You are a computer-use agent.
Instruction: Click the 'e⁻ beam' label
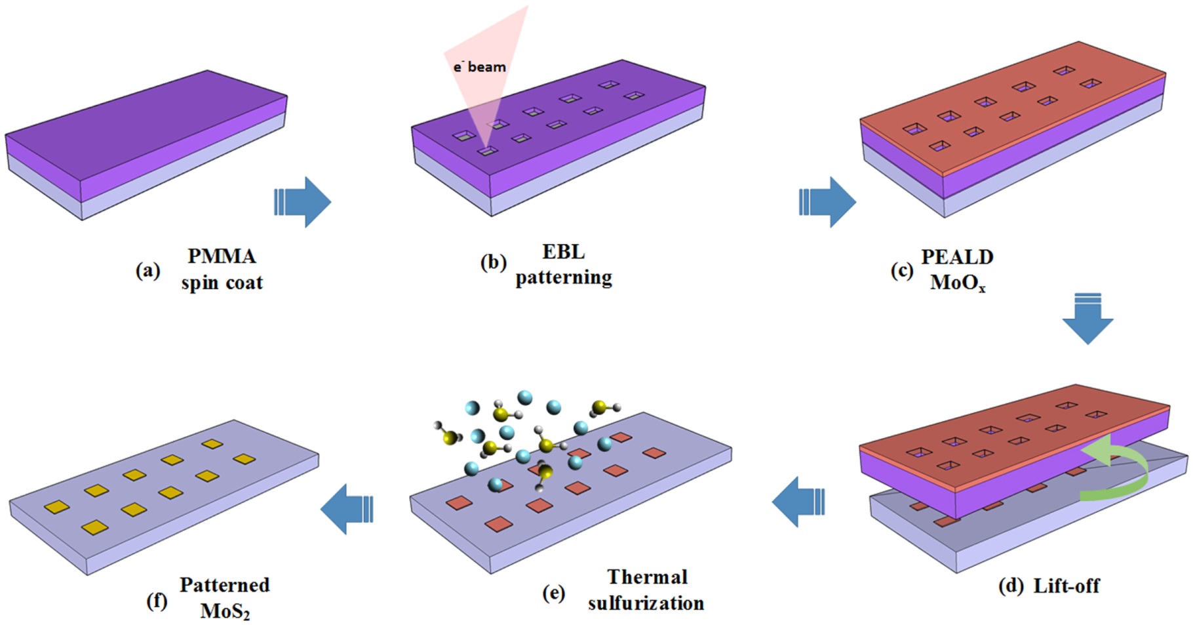tap(480, 67)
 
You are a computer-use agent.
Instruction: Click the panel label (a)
tap(148, 270)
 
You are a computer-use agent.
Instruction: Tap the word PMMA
tap(222, 256)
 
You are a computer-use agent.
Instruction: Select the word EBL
tap(563, 252)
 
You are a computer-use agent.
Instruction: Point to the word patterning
tap(564, 277)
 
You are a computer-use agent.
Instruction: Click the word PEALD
tap(957, 257)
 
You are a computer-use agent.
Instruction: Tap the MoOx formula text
tap(957, 283)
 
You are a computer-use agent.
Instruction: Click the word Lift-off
tap(1066, 586)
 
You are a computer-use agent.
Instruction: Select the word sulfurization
tap(646, 603)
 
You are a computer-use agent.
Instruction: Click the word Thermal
tap(647, 577)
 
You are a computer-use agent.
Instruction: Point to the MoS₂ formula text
tap(225, 611)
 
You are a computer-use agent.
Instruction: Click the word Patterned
tap(225, 585)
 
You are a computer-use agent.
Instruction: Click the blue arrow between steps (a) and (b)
tap(303, 202)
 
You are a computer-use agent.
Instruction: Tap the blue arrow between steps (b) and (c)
tap(827, 202)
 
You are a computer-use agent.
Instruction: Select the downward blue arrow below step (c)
tap(1087, 319)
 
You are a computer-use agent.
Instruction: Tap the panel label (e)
tap(554, 593)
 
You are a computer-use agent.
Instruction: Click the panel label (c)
tap(902, 270)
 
